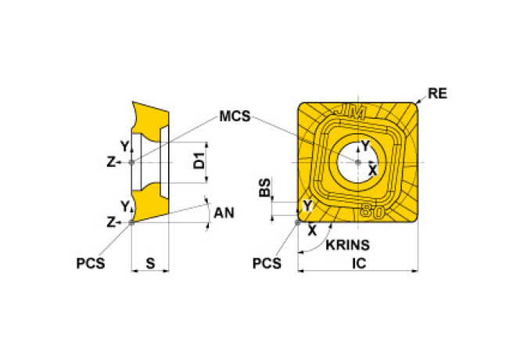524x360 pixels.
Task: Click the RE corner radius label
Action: coord(437,94)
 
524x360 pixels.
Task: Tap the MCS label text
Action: coord(235,116)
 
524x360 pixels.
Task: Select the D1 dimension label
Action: coord(199,160)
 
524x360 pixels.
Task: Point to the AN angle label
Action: coord(224,213)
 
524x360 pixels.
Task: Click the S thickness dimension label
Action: coord(151,264)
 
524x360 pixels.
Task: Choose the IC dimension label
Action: coord(359,264)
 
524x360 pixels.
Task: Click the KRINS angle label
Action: coord(347,245)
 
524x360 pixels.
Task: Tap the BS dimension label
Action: coord(265,187)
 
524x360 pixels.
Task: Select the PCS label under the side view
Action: coord(90,264)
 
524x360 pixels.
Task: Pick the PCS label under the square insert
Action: coord(267,264)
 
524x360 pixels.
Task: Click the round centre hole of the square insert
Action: coord(358,162)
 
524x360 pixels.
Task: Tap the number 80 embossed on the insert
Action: coord(372,211)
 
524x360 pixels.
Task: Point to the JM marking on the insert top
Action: coord(350,113)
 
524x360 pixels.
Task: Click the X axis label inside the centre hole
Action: coord(372,171)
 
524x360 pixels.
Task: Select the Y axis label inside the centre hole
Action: coord(366,146)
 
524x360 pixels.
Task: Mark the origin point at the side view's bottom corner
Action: coord(131,222)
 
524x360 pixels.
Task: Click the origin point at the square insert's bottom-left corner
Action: coord(297,222)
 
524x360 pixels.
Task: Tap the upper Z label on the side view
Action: coord(110,163)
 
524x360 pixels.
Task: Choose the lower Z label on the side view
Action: coord(110,222)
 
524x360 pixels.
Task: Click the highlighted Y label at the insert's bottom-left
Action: coord(307,206)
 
